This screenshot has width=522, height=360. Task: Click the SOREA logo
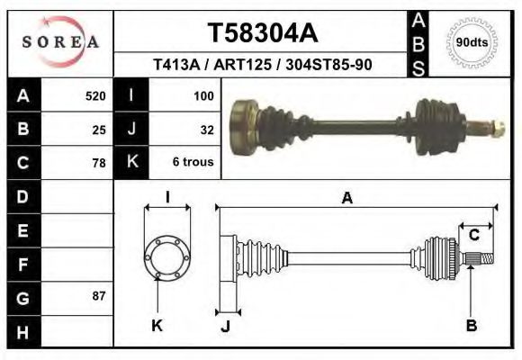pyautogui.click(x=60, y=41)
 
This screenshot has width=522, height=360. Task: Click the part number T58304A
pyautogui.click(x=262, y=33)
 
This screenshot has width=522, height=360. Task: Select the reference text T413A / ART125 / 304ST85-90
pyautogui.click(x=262, y=66)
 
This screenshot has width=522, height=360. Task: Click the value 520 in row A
pyautogui.click(x=94, y=95)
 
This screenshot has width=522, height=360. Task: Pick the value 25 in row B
pyautogui.click(x=99, y=130)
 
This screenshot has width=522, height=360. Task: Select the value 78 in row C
pyautogui.click(x=99, y=164)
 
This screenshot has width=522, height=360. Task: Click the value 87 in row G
pyautogui.click(x=99, y=295)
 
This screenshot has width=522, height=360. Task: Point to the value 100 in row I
pyautogui.click(x=202, y=95)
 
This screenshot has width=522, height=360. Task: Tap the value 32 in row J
pyautogui.click(x=206, y=130)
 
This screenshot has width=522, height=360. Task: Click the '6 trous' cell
pyautogui.click(x=193, y=164)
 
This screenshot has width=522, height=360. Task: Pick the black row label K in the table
pyautogui.click(x=131, y=163)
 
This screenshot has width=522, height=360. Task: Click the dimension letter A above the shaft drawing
pyautogui.click(x=346, y=199)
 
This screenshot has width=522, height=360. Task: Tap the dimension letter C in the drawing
pyautogui.click(x=473, y=236)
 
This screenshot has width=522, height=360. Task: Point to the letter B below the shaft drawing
pyautogui.click(x=471, y=325)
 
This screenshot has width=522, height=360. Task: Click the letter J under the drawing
pyautogui.click(x=225, y=327)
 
